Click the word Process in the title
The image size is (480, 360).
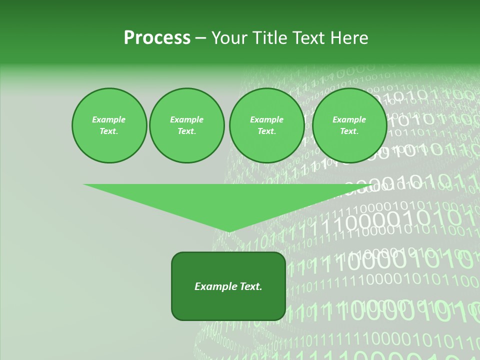157,38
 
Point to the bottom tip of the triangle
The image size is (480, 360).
229,231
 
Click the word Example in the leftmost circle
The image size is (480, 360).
109,119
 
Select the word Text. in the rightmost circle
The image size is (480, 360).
349,131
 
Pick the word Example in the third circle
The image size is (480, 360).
266,119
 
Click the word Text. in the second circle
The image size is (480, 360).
186,131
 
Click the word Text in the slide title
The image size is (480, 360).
308,38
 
